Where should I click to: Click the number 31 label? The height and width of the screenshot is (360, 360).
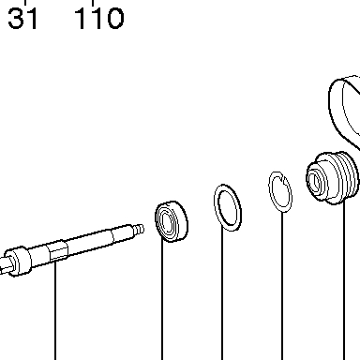[22, 19]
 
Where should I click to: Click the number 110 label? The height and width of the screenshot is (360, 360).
[99, 19]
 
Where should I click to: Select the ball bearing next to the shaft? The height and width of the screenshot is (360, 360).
[172, 221]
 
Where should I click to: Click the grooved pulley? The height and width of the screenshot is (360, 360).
[332, 178]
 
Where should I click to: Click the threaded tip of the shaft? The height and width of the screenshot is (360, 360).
[139, 230]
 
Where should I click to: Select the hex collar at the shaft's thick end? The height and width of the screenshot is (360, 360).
[18, 262]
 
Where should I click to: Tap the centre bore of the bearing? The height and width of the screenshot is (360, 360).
[166, 223]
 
